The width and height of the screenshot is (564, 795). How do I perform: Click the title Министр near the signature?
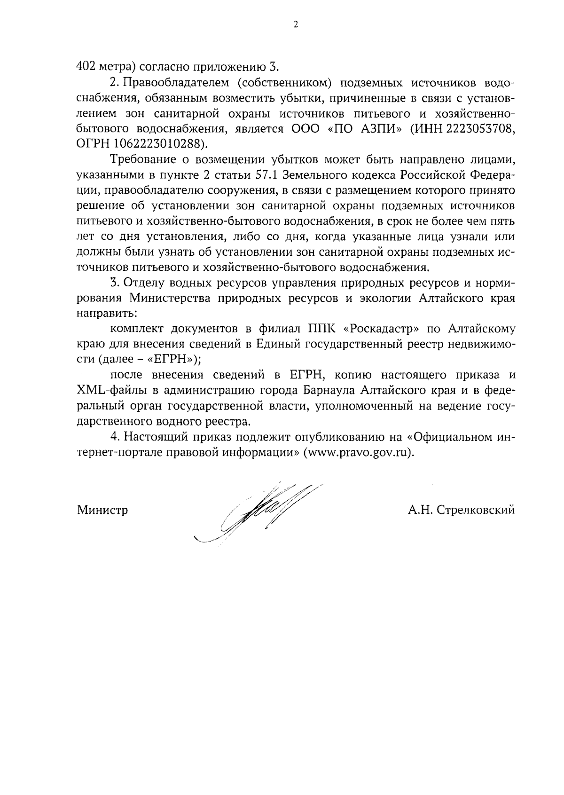click(x=102, y=510)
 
